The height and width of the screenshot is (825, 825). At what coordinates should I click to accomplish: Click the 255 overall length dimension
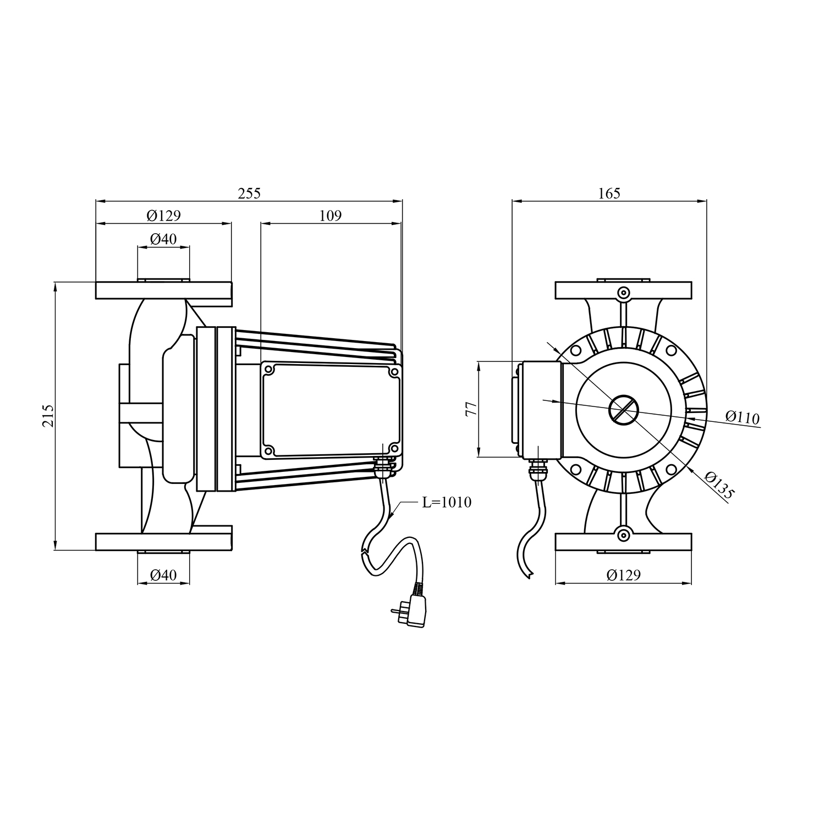[249, 193]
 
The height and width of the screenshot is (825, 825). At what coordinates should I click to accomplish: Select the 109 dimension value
[331, 215]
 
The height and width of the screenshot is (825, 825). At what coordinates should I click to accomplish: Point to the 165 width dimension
[609, 193]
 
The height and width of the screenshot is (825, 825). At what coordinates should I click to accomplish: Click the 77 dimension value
[471, 409]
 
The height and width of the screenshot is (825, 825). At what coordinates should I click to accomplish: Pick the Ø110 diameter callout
[742, 417]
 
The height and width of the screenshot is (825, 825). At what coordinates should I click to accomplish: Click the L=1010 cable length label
[447, 502]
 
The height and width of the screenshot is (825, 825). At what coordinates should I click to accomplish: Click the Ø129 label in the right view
[624, 575]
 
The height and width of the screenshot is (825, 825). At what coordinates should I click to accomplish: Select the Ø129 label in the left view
[163, 215]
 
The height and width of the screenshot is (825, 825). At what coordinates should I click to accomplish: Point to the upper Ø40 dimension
[163, 239]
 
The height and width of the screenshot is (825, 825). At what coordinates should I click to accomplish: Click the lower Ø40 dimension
[163, 575]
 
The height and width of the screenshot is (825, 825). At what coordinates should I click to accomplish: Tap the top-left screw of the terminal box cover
[269, 370]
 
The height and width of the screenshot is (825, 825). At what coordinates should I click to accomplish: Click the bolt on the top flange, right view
[623, 293]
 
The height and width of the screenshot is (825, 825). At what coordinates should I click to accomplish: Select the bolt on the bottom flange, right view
[623, 534]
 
